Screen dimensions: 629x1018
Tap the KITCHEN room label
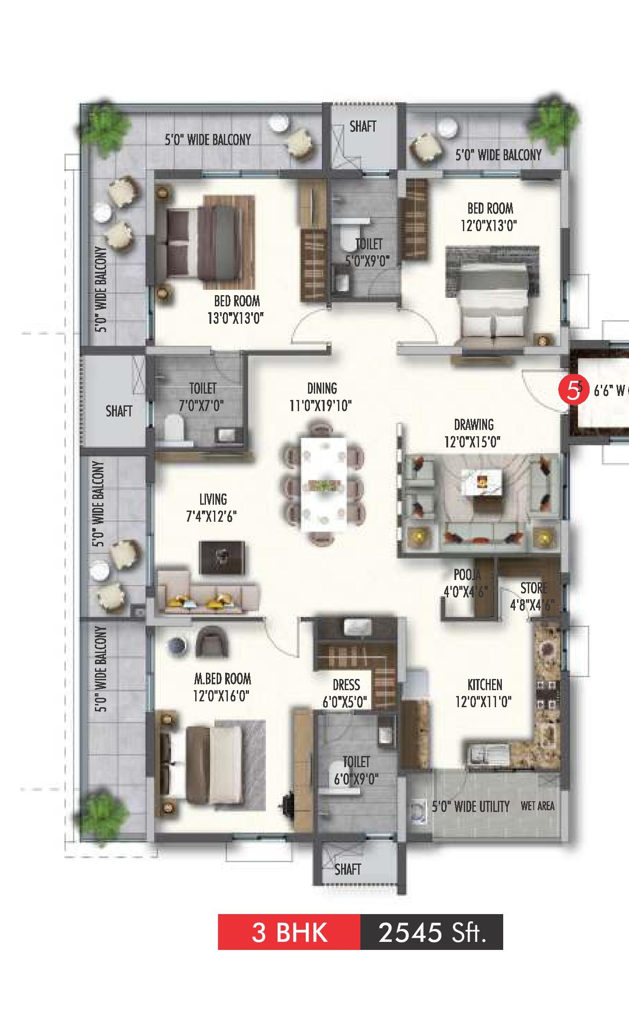484,685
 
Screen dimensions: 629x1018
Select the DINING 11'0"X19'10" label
321,397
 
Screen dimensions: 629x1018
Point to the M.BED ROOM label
223,679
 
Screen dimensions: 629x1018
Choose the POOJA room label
467,575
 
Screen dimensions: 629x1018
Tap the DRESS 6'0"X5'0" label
346,693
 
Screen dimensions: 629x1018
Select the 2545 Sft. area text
432,932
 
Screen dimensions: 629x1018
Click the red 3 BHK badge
289,932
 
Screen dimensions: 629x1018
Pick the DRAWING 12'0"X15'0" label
473,433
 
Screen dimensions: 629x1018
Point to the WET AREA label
537,806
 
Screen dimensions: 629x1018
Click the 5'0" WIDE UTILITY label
471,807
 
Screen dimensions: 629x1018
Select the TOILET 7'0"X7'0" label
202,397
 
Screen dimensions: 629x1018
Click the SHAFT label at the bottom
347,869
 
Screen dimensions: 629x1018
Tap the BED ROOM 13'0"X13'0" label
236,309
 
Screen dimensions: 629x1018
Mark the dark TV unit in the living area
222,558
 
